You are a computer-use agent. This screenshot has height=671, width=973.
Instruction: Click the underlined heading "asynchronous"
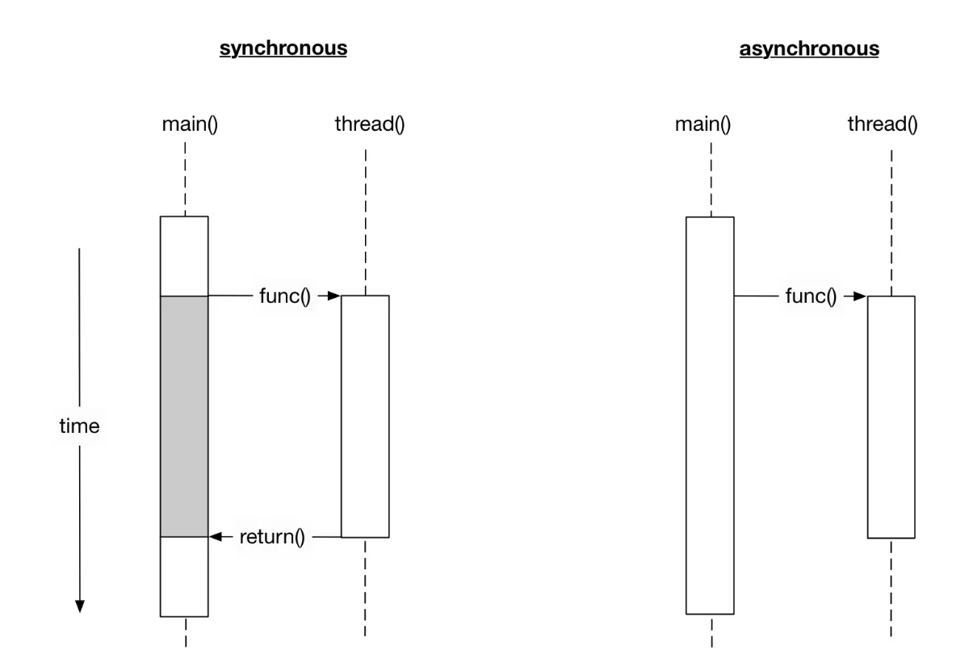click(x=809, y=48)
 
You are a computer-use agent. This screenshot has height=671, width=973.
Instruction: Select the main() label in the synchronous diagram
click(x=185, y=125)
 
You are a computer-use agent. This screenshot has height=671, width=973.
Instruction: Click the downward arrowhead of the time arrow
click(x=79, y=606)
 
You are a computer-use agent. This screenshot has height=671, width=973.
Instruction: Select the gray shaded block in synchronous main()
click(x=185, y=416)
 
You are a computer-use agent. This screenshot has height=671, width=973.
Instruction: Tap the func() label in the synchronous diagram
click(x=284, y=296)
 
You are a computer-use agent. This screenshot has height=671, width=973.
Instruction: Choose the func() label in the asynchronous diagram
click(x=811, y=296)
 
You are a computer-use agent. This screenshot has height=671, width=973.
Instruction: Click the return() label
click(x=272, y=536)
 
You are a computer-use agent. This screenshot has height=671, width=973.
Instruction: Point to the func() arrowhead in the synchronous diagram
click(x=333, y=296)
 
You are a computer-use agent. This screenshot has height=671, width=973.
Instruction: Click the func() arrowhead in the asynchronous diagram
click(x=859, y=296)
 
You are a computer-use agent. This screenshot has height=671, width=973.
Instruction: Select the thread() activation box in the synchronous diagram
click(x=365, y=416)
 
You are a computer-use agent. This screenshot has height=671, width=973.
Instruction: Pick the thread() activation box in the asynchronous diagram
click(x=891, y=416)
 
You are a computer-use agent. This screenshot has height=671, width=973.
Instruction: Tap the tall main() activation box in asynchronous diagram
click(x=710, y=416)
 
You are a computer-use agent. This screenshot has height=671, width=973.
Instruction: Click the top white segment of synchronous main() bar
click(x=185, y=256)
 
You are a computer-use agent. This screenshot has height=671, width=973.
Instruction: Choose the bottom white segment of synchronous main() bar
click(x=185, y=577)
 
